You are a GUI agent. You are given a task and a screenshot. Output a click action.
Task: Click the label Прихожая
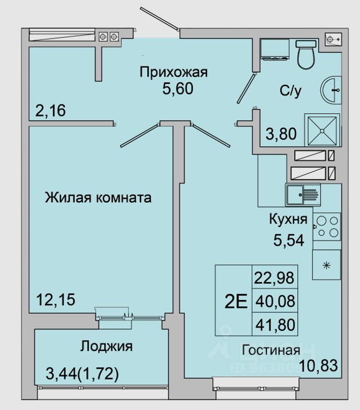[x=173, y=72]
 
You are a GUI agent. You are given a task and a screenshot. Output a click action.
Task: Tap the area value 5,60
[x=178, y=88]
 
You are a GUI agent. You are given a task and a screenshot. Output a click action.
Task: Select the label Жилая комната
[x=98, y=198]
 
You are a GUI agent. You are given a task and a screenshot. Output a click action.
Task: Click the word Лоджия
[x=106, y=346]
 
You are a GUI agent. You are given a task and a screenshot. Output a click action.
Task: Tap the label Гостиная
[x=270, y=351]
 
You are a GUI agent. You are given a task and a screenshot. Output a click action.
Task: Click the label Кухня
[x=288, y=219]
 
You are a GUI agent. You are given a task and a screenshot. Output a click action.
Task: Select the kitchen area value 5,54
[x=289, y=241]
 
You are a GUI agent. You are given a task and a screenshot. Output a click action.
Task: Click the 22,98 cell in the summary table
[x=274, y=278]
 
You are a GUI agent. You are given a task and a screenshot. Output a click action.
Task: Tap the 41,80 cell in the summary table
[x=274, y=324]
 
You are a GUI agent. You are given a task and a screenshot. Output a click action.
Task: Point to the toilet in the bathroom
[x=307, y=56]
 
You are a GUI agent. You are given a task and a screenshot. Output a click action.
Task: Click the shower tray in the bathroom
[x=322, y=130]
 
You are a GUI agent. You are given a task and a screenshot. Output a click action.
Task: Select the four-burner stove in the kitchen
[x=326, y=226]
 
